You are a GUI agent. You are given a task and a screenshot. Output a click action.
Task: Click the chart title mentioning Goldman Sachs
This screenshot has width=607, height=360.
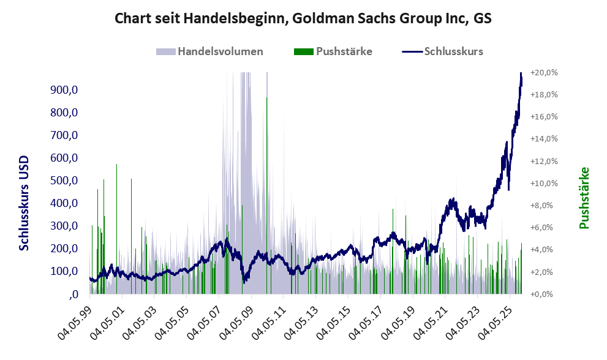[x=303, y=18]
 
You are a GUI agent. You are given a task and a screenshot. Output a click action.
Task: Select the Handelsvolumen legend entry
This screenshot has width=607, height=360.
[x=220, y=51]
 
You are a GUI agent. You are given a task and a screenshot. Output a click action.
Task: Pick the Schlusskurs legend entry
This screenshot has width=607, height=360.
[x=453, y=51]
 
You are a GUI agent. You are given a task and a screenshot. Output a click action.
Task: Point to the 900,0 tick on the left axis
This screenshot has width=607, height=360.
[x=66, y=90]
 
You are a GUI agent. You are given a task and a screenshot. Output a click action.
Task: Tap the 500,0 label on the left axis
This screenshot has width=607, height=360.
[x=66, y=181]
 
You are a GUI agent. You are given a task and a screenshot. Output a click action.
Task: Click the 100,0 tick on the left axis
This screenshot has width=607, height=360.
[x=66, y=271]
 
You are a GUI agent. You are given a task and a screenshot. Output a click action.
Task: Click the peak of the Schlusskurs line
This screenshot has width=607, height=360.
[x=521, y=73]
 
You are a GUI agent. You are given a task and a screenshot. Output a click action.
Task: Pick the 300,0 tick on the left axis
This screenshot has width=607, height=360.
[x=66, y=226]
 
